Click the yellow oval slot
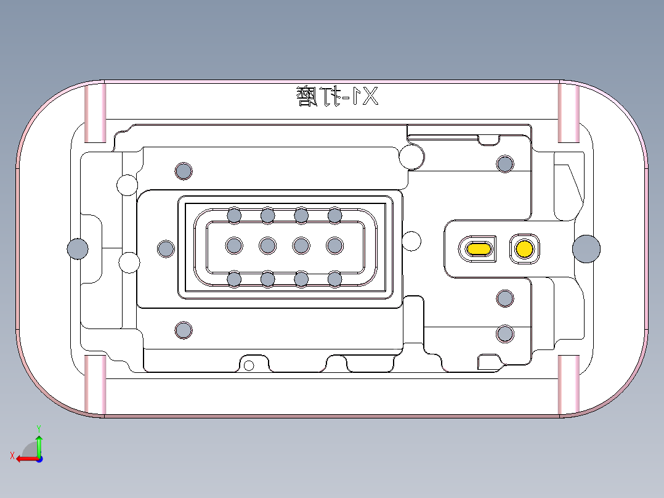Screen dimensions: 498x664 [479, 248]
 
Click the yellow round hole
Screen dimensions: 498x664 [524, 248]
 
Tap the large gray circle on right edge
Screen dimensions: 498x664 [586, 248]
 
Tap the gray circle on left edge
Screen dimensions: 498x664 [77, 248]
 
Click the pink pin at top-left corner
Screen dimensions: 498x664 [95, 112]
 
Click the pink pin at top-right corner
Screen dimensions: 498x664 [569, 112]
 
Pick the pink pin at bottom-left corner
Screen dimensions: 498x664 [95, 385]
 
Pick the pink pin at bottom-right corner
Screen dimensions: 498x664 [569, 385]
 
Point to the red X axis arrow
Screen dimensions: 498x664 [25, 458]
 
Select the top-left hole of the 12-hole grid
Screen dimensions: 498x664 [234, 215]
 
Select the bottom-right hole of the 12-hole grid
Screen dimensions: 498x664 [334, 279]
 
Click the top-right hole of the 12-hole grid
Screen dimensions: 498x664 [334, 215]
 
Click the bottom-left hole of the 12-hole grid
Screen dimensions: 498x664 [234, 279]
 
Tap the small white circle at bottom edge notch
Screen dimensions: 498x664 [249, 365]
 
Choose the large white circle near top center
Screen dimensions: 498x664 [411, 157]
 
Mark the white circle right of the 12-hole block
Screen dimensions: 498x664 [411, 241]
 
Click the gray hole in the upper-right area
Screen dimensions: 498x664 [505, 164]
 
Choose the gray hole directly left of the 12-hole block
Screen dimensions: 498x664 [166, 249]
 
